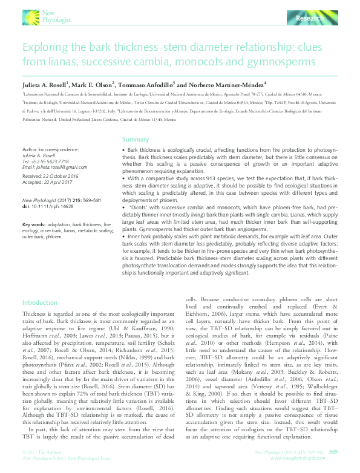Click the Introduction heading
click(40, 302)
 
